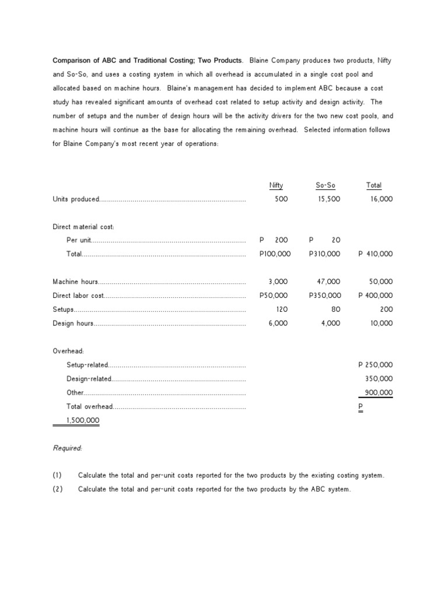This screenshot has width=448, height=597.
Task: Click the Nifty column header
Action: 276,185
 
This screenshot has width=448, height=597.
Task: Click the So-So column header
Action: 325,185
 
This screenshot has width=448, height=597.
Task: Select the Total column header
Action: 374,185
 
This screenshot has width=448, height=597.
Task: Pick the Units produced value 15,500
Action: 328,199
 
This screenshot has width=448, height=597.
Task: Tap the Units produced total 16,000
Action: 381,199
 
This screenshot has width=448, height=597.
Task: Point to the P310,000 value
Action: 325,254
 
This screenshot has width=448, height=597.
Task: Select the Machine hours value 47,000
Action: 328,282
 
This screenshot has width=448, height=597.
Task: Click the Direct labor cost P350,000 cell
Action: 325,296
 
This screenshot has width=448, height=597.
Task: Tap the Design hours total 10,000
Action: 381,324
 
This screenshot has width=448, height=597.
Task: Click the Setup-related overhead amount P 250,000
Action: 375,365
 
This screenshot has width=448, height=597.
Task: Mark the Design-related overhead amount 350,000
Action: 379,379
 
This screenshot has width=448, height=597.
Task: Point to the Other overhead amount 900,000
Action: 379,393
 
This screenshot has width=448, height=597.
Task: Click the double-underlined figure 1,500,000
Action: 76,420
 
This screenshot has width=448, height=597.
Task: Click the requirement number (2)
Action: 57,490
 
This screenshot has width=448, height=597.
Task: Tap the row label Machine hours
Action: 75,282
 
